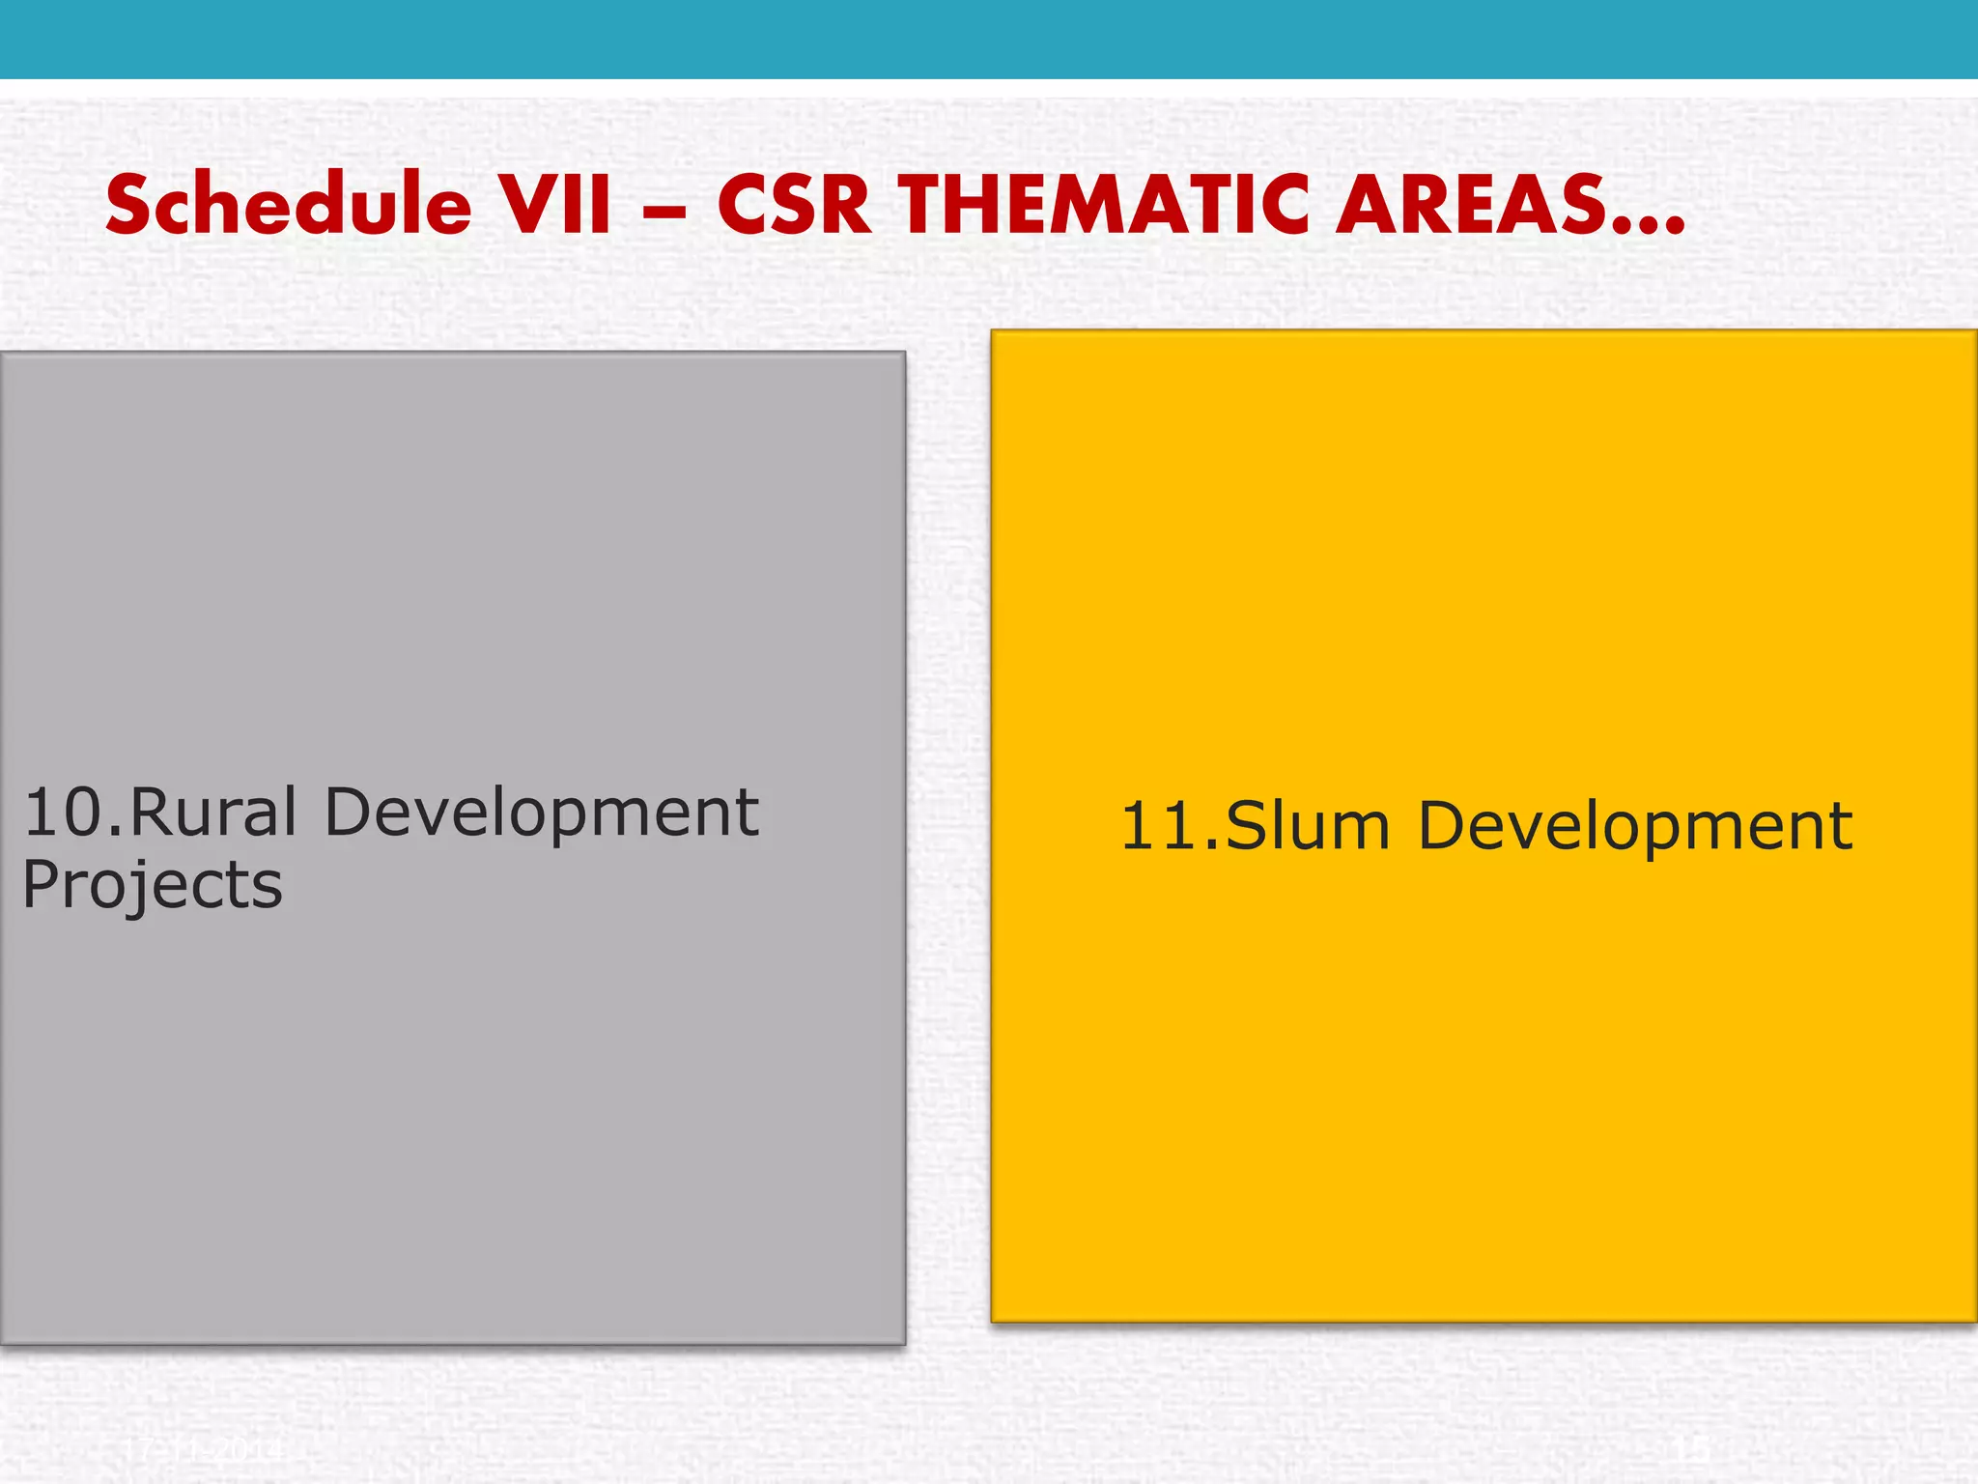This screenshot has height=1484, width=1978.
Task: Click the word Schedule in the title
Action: [x=288, y=205]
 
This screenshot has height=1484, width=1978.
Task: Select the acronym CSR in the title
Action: [x=794, y=205]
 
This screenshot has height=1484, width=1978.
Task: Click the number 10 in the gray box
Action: [x=62, y=813]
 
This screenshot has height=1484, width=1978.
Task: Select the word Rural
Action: [x=212, y=813]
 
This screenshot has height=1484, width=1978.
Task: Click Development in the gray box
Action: [x=541, y=813]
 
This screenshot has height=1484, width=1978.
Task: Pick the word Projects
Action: [x=152, y=885]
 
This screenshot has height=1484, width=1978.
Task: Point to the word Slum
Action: [x=1307, y=827]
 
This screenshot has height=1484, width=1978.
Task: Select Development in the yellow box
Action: [x=1634, y=827]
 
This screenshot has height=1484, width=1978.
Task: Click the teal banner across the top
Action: [x=989, y=39]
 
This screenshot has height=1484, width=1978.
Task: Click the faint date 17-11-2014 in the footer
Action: [x=204, y=1449]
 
